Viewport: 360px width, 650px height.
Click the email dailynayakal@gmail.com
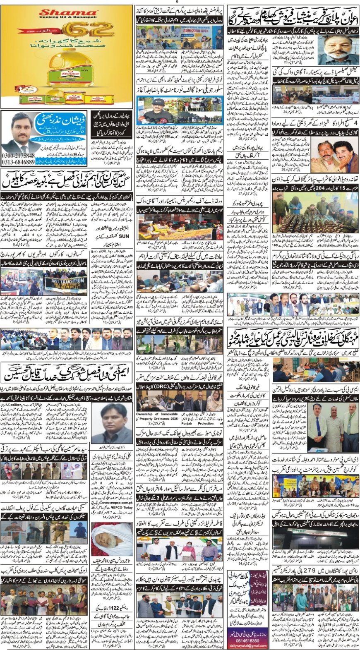(x=246, y=646)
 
